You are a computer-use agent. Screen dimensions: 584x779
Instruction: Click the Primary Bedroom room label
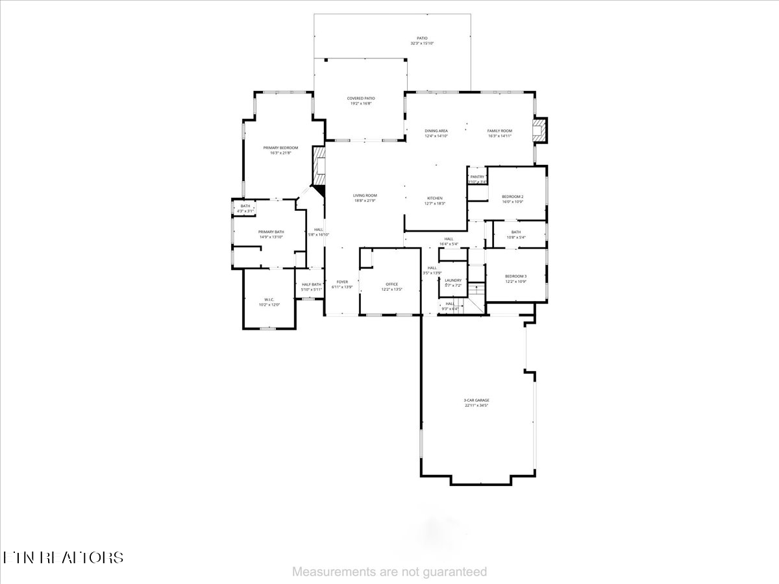(280, 148)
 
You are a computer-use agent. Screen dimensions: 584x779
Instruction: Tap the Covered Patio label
(361, 98)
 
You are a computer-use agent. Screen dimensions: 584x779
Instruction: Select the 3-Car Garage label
(476, 400)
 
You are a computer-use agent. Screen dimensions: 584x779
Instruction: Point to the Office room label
(391, 284)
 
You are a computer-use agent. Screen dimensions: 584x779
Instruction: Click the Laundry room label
(453, 280)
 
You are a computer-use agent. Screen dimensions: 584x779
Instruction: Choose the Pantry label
(478, 176)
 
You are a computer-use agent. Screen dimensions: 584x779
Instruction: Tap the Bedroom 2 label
(512, 197)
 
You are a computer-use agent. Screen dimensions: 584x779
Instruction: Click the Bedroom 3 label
(515, 276)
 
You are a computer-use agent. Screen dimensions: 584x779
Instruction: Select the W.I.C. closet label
(269, 300)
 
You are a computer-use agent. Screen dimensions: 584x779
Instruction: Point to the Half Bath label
(312, 284)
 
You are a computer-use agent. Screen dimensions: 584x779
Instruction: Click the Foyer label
(342, 282)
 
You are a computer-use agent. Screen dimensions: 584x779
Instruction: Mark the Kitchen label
(434, 198)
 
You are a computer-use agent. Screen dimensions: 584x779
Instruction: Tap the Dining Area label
(436, 131)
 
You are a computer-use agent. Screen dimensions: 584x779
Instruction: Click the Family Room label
(500, 131)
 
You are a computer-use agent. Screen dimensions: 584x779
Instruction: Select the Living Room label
(365, 195)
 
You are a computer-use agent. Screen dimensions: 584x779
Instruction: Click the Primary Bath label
(271, 232)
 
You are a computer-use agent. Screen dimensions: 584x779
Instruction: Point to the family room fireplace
(539, 130)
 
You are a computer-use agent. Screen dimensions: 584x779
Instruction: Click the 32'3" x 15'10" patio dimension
(422, 43)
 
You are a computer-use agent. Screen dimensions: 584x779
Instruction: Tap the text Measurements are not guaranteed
(389, 572)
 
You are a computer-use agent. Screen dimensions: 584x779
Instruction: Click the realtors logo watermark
(63, 557)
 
